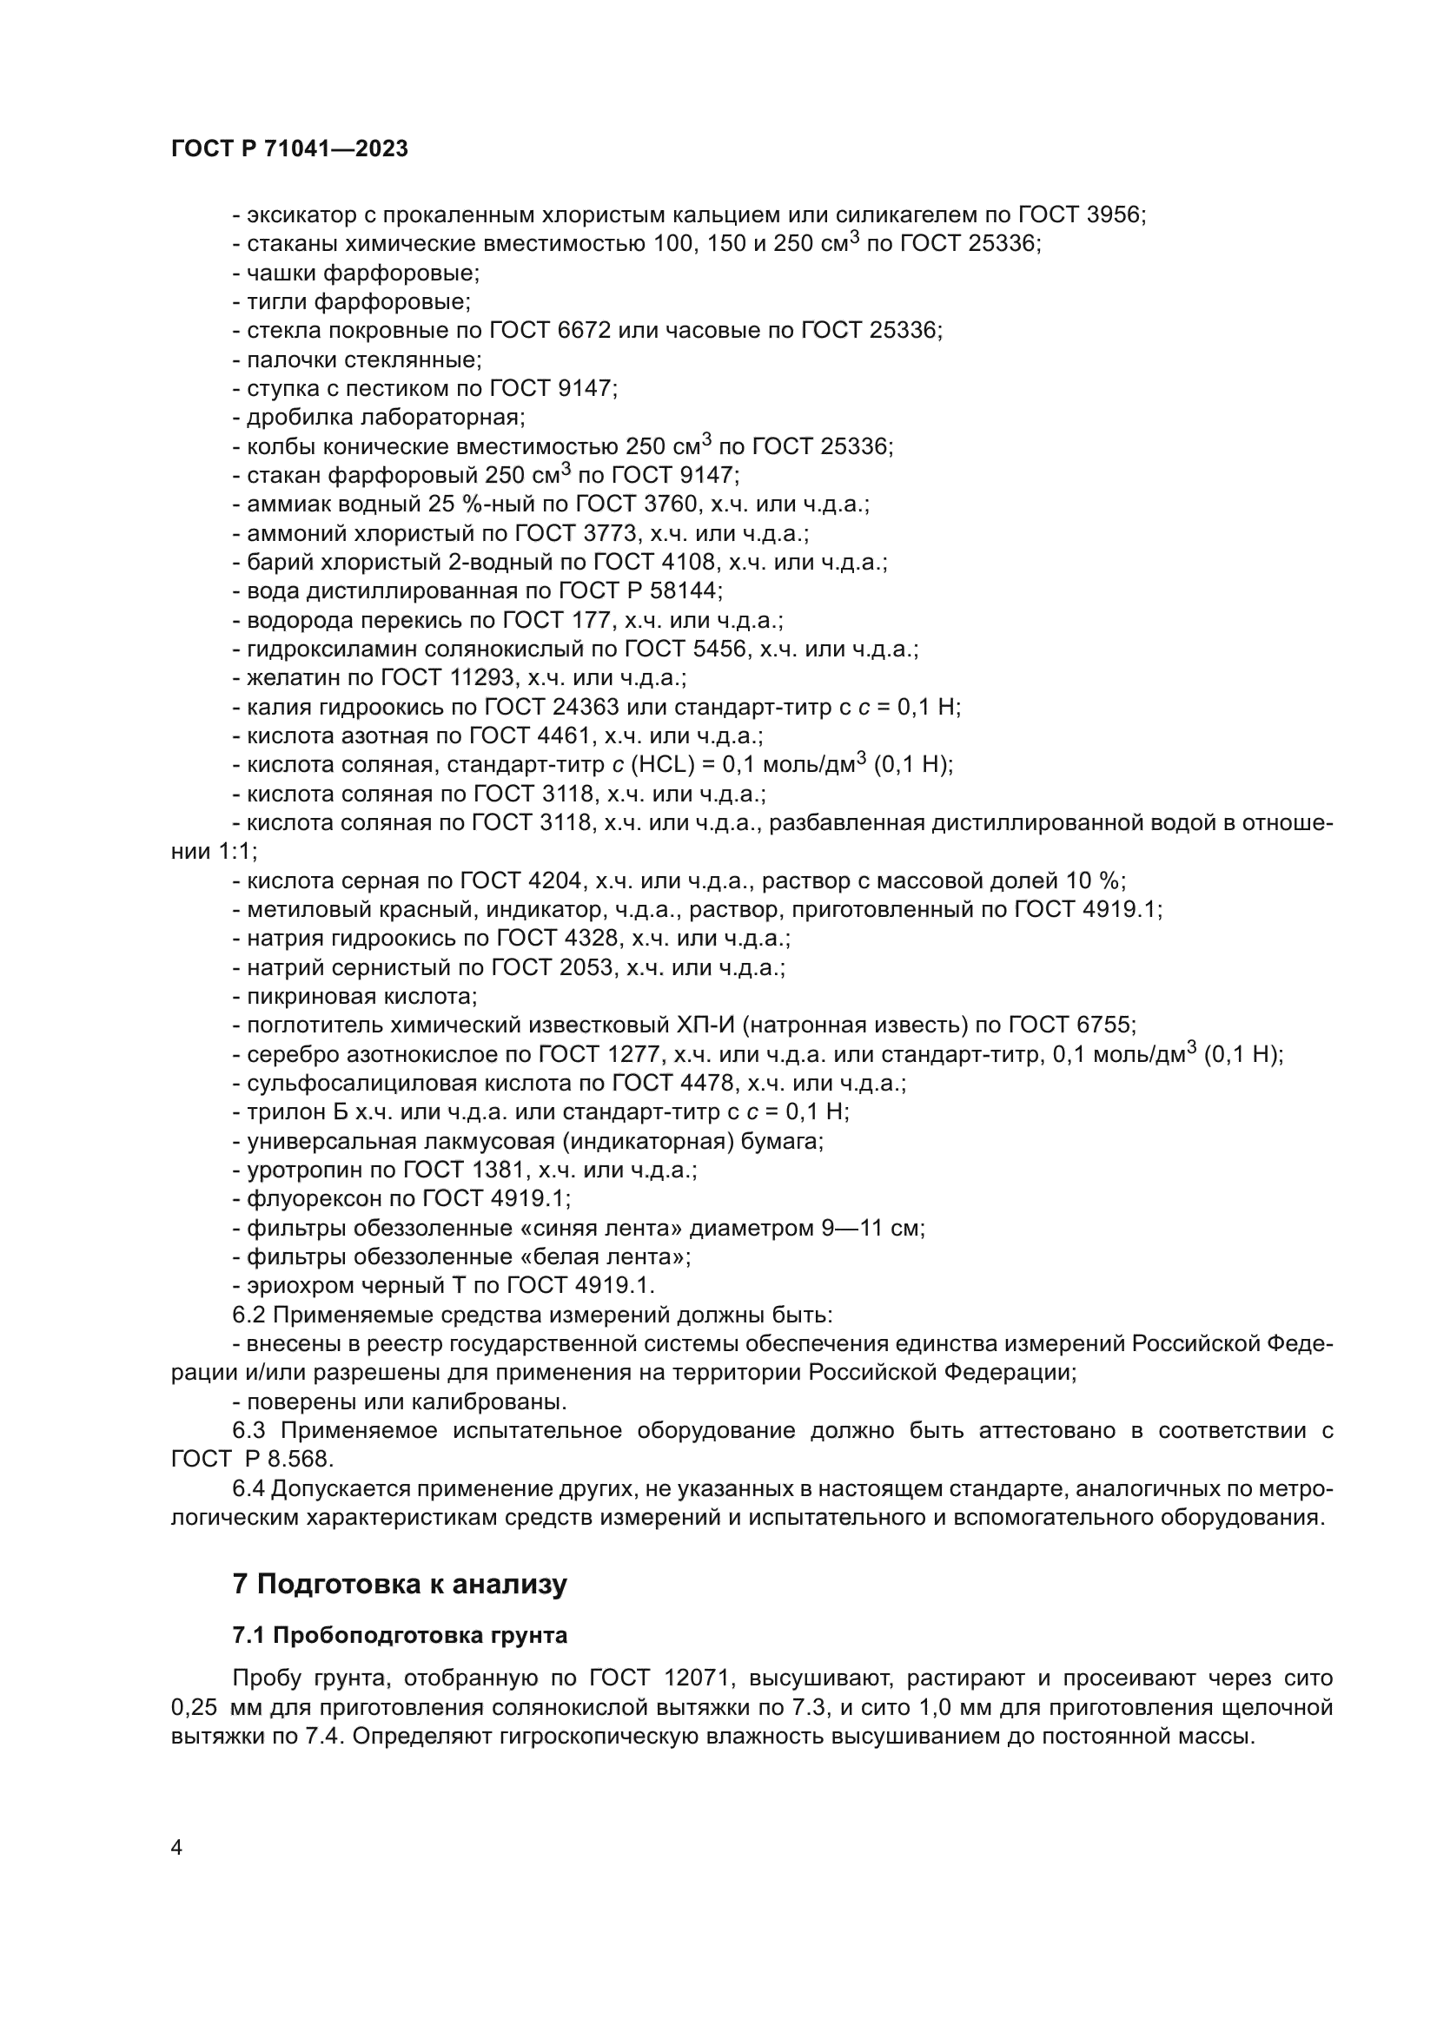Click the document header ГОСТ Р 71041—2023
coord(289,148)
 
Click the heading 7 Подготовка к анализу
coord(399,1584)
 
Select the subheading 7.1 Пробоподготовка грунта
coord(399,1636)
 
